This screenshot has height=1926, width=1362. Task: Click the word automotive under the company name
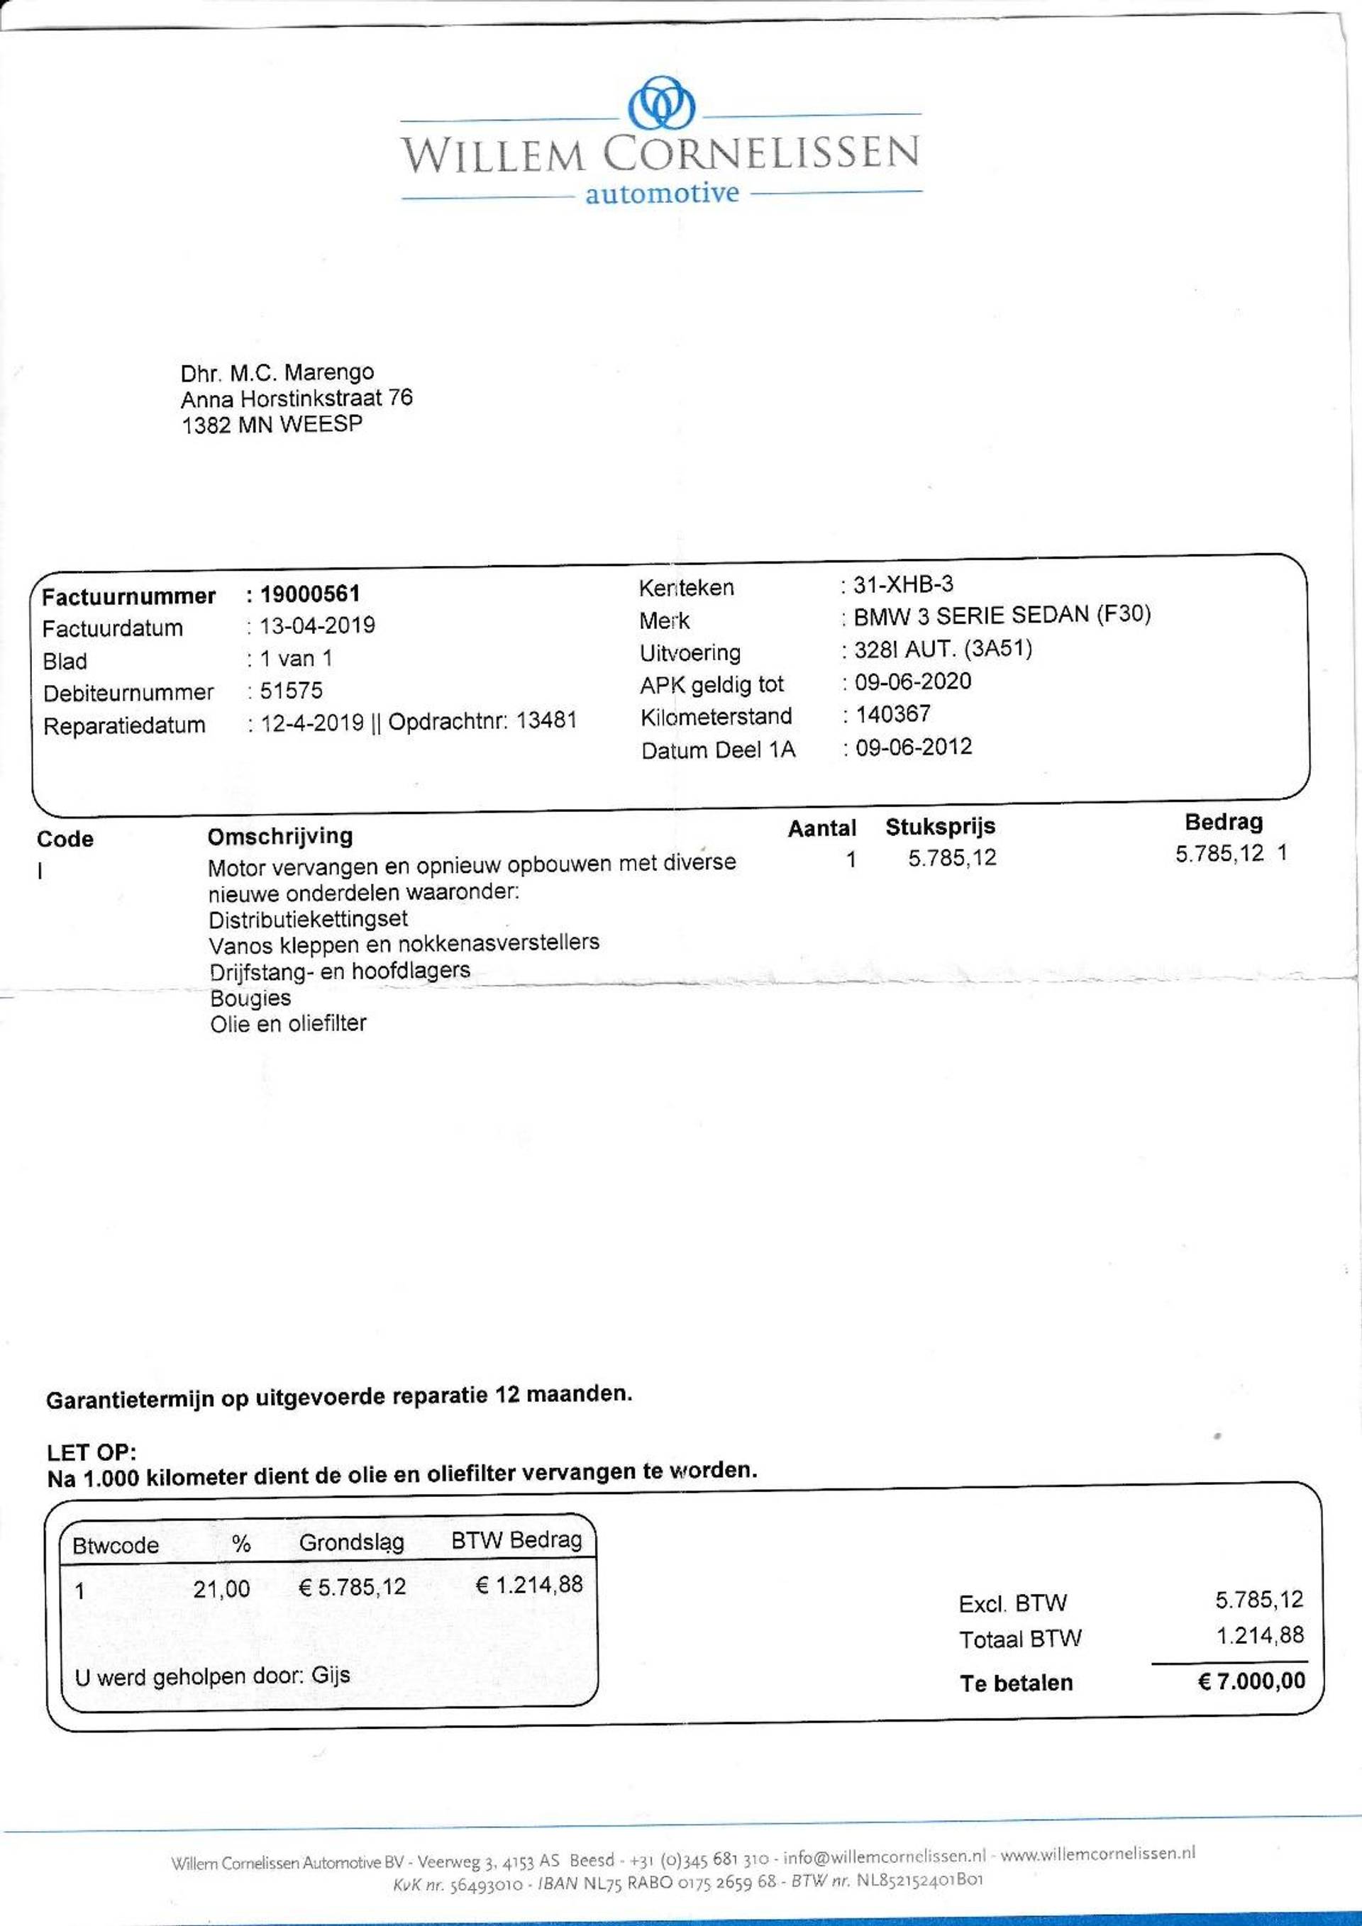661,194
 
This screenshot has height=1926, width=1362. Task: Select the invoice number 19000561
310,594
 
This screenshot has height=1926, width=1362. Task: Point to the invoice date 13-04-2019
317,625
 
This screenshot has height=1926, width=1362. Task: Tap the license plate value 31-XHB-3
903,584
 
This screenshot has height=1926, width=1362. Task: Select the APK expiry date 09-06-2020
913,681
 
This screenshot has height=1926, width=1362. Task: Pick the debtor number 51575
291,691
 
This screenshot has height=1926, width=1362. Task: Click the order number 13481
546,720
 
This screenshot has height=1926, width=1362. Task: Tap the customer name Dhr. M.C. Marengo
277,372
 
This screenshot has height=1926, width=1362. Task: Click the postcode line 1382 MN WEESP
272,425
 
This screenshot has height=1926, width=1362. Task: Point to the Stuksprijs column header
940,826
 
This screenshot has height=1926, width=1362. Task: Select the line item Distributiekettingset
308,918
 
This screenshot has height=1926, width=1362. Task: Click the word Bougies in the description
250,998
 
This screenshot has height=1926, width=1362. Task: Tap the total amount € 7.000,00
1251,1681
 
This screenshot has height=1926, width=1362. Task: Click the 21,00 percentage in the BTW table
221,1588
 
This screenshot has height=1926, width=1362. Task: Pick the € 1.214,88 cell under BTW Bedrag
528,1585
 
